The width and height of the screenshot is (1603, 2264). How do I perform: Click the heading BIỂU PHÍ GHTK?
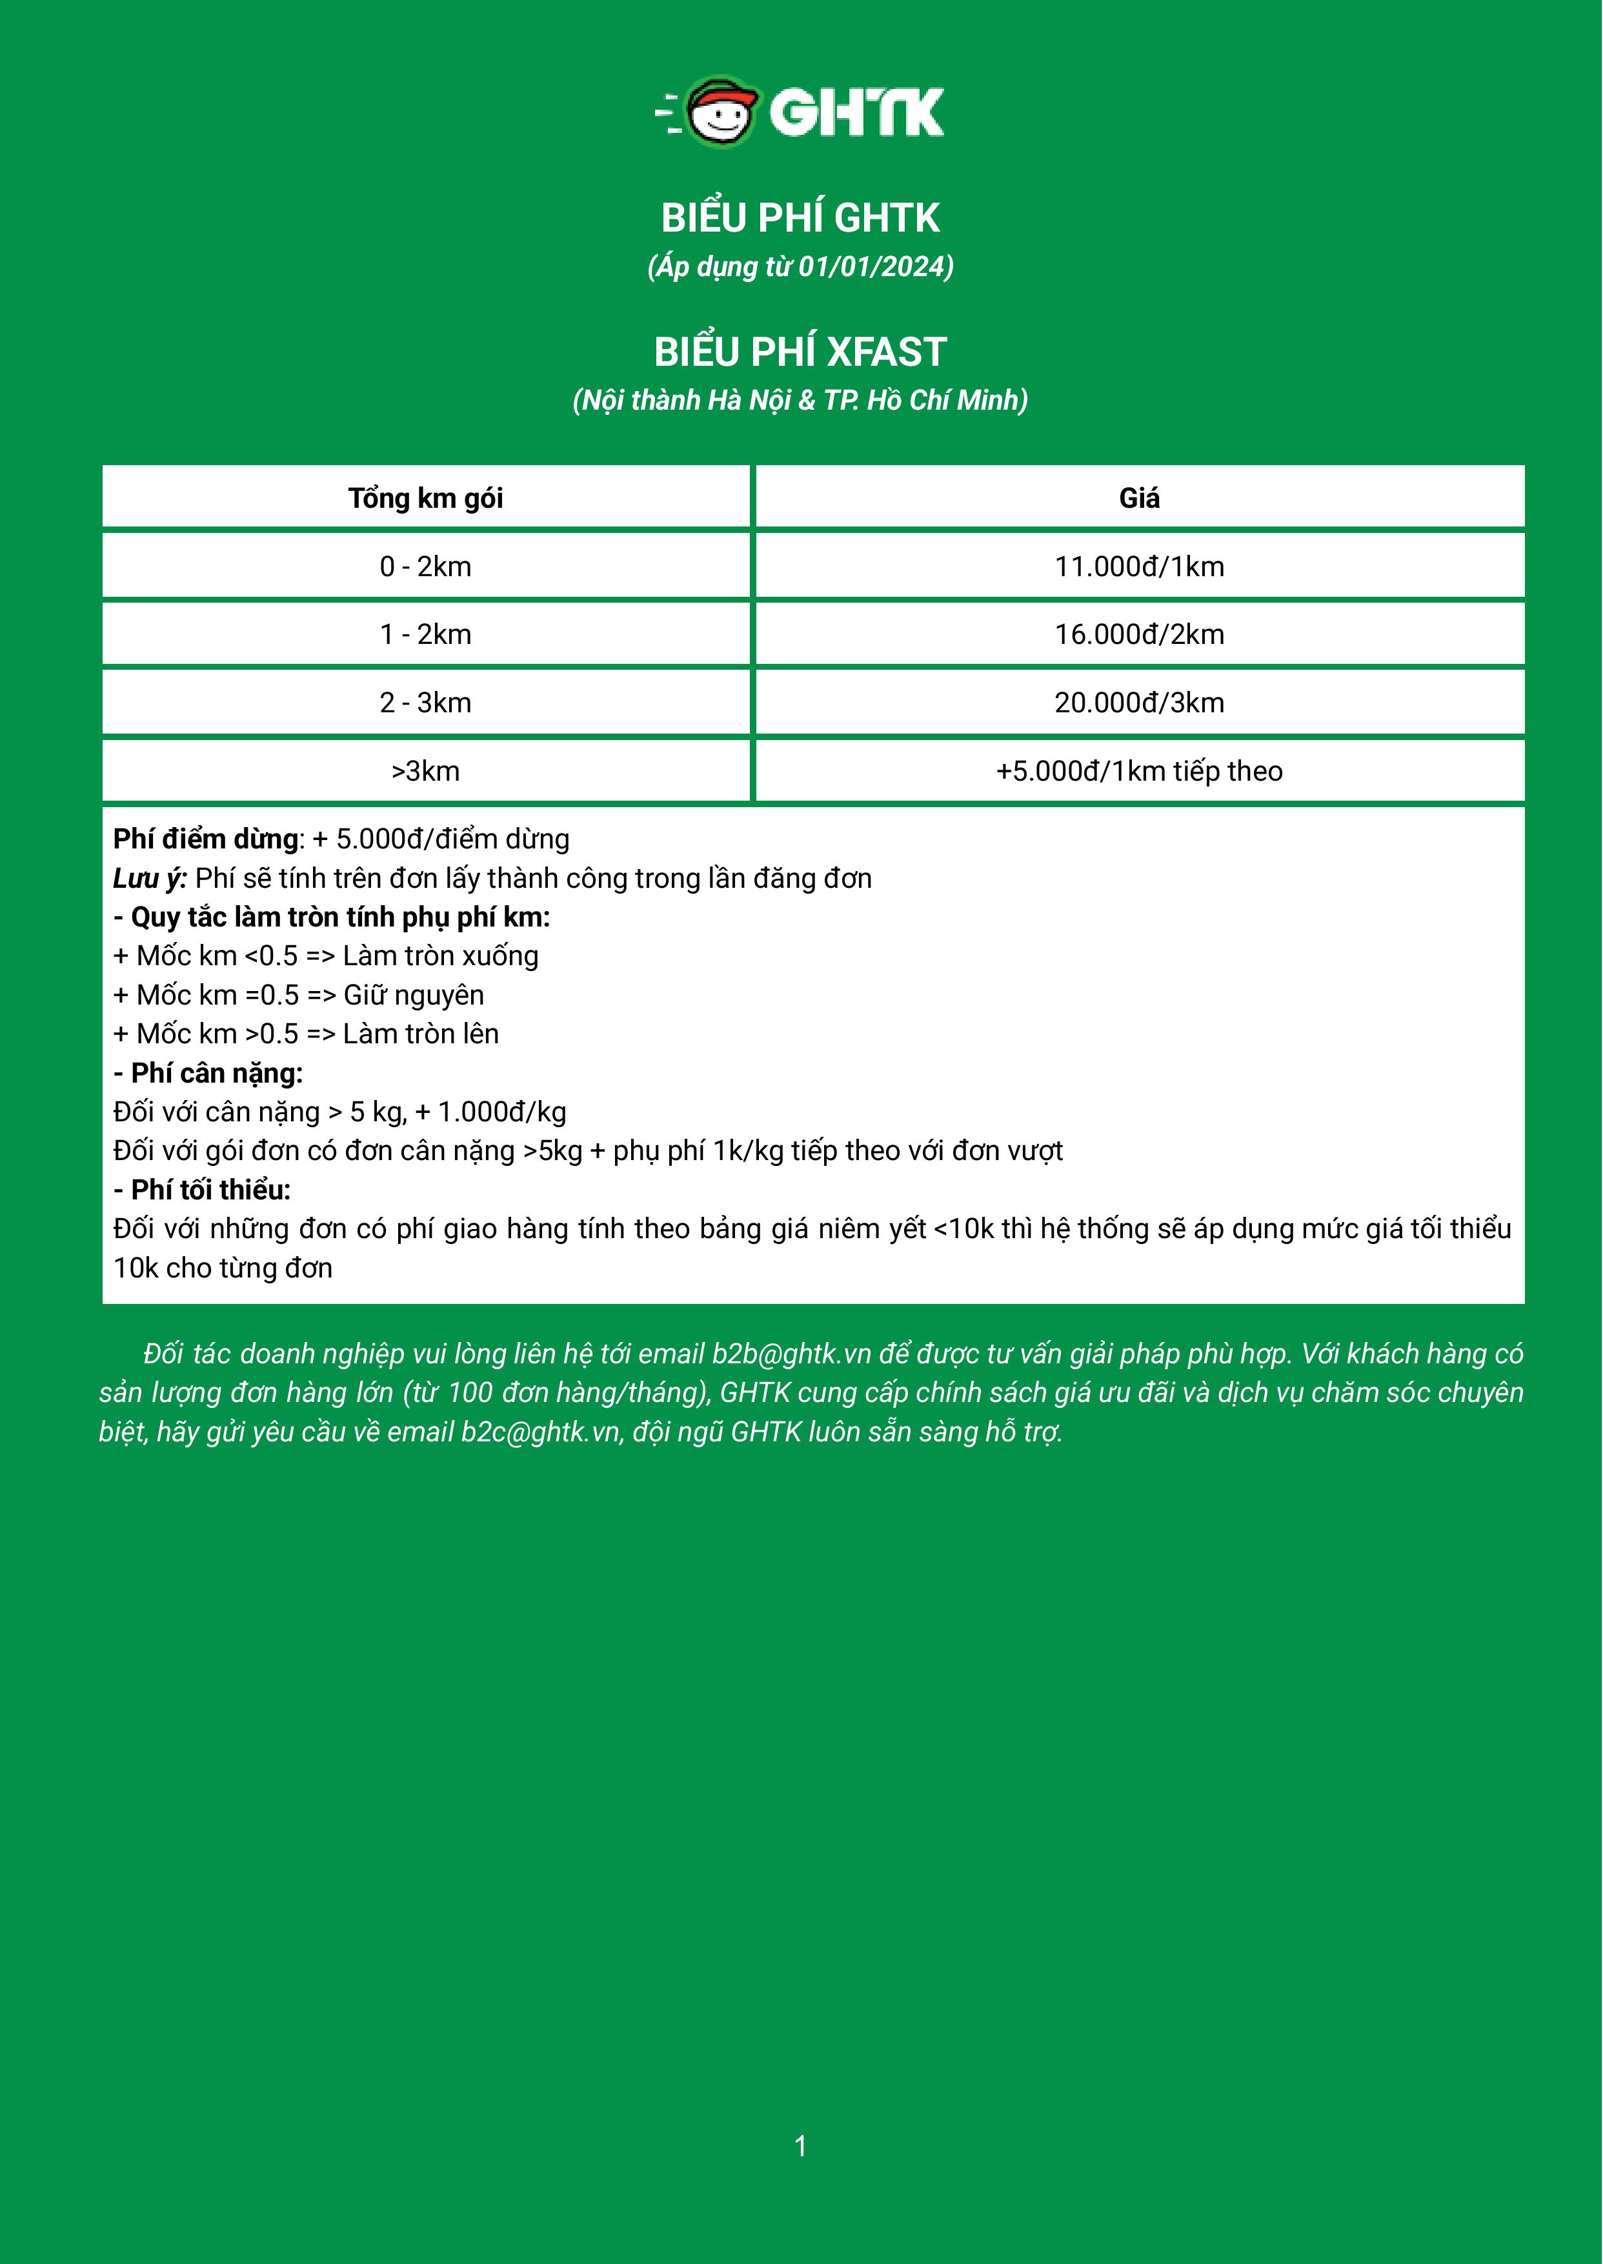(800, 218)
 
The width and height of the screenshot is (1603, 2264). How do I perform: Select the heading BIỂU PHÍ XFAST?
(800, 352)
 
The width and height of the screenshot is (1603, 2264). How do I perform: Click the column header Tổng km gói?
(425, 498)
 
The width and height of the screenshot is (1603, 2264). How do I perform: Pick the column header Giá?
(1139, 498)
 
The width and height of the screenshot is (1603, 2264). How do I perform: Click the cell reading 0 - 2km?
(425, 566)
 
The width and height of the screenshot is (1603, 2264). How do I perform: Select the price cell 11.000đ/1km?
(1139, 566)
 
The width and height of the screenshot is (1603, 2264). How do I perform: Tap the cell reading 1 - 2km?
(425, 635)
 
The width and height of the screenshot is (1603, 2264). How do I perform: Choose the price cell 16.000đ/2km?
(1139, 635)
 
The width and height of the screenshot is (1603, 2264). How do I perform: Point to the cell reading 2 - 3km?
(425, 703)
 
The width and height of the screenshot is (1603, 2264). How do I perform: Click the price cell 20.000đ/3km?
(1139, 703)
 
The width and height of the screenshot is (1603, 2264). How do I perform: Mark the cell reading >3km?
(425, 771)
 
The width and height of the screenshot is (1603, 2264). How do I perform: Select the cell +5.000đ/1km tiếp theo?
(1139, 771)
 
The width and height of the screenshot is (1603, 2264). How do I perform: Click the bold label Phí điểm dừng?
(205, 839)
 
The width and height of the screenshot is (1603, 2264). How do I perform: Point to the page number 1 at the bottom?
(800, 2145)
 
